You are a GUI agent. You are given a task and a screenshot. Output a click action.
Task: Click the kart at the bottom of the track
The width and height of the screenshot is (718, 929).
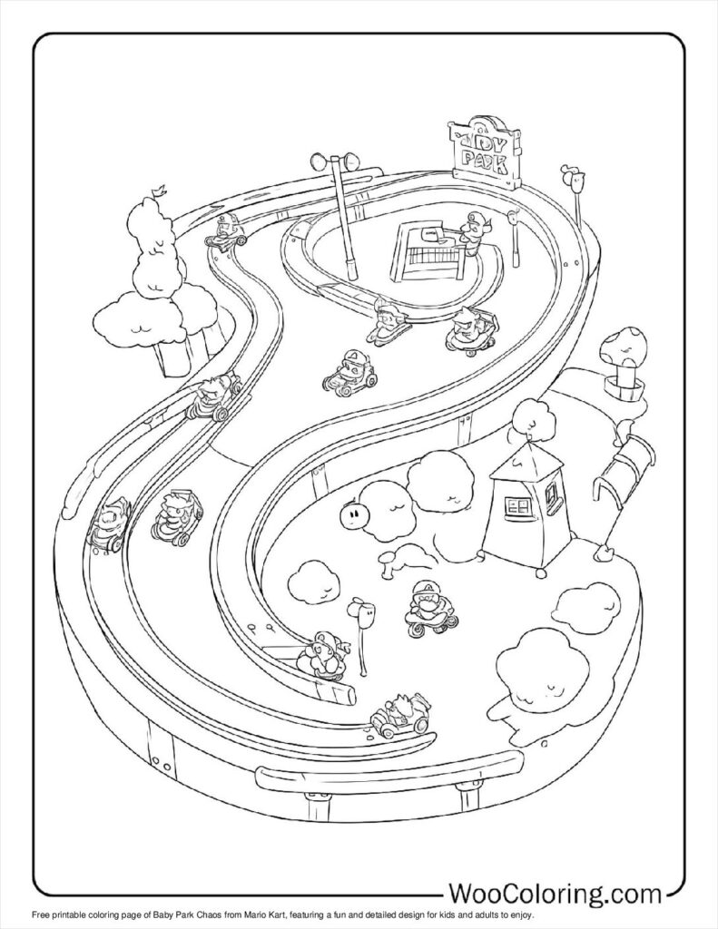point(398,718)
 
